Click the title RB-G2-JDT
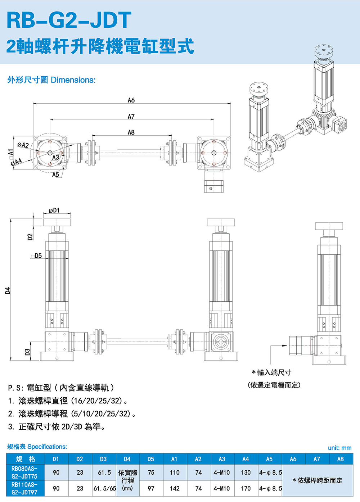coord(69,20)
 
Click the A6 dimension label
coord(131,100)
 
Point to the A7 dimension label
coord(131,116)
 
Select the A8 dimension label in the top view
coord(131,132)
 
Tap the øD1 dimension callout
coord(54,210)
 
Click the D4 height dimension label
coord(8,290)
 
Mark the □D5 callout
coord(36,256)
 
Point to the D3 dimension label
coord(27,352)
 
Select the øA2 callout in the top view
coord(23,145)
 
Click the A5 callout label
coord(55,175)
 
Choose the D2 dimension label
coord(30,236)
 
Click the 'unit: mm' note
coord(339,448)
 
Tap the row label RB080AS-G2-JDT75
coord(24,472)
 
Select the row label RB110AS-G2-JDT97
coord(24,488)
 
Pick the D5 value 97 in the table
coord(151,488)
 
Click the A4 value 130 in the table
coord(246,472)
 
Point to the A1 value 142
coord(175,488)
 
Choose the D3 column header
coord(103,459)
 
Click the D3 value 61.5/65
coord(104,488)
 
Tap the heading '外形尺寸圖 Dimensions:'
coord(51,80)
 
